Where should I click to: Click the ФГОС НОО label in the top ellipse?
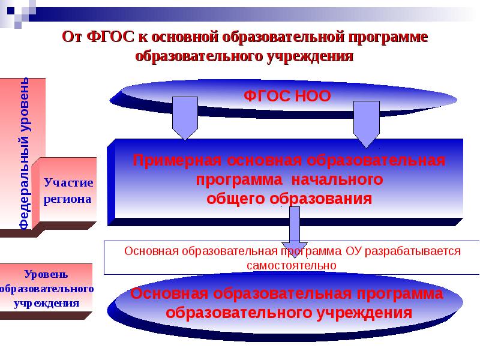pos(287,96)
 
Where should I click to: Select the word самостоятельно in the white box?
pos(292,264)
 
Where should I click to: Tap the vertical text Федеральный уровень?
pos(24,153)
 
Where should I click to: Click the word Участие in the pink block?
pos(69,182)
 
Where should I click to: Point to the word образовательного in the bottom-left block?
pos(47,288)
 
